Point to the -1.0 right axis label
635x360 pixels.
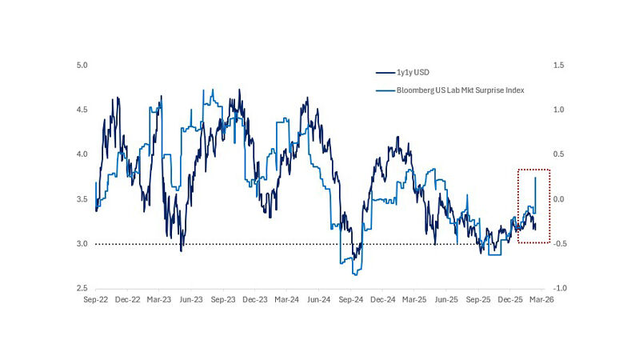pyautogui.click(x=561, y=289)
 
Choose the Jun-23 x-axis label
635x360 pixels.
pyautogui.click(x=190, y=301)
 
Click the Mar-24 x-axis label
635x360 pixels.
pyautogui.click(x=286, y=301)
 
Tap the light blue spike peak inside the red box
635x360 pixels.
pyautogui.click(x=535, y=178)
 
